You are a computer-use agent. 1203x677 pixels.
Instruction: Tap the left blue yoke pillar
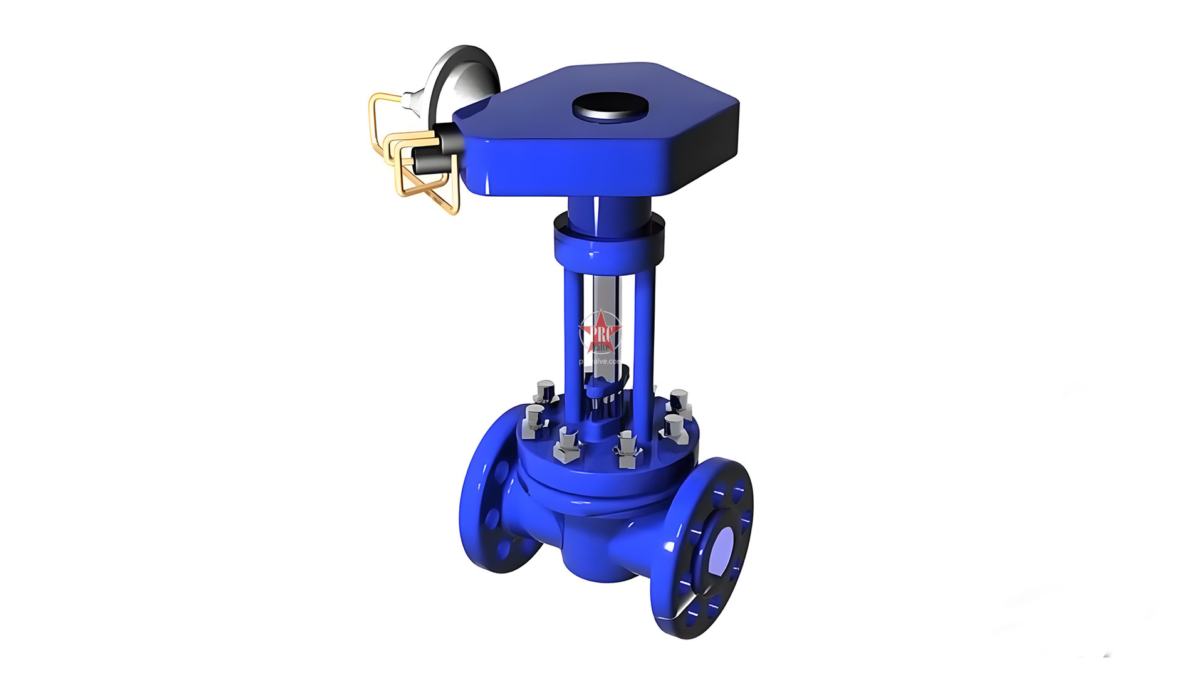[x=571, y=332]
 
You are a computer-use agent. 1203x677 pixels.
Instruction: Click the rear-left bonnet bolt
[x=544, y=391]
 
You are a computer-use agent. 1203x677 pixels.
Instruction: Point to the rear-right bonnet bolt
[x=679, y=399]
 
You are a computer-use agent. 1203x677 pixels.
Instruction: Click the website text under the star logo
[x=600, y=362]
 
